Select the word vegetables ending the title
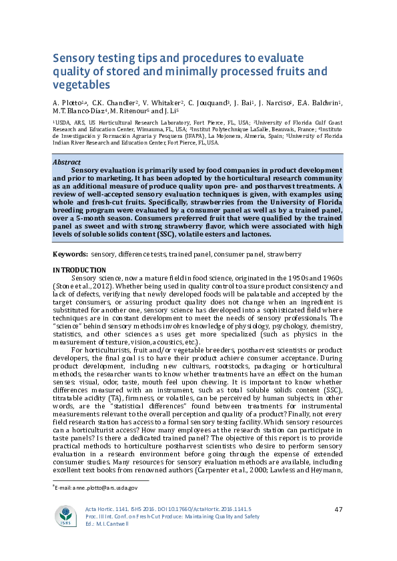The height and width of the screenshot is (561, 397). (81, 85)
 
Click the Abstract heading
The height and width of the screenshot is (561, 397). (67, 162)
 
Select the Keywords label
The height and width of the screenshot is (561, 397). (70, 254)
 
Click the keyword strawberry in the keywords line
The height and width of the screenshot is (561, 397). (284, 254)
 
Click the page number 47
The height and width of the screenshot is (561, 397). (338, 528)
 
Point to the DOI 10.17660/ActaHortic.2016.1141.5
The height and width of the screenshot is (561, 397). (201, 528)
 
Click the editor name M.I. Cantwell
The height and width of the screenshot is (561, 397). (125, 542)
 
